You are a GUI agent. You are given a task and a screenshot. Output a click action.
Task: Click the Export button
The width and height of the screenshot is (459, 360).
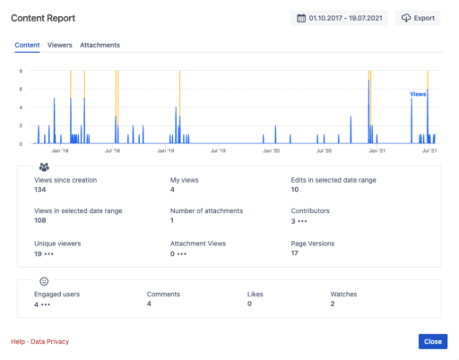point(419,17)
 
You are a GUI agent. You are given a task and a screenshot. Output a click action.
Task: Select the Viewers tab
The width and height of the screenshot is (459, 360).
point(59,45)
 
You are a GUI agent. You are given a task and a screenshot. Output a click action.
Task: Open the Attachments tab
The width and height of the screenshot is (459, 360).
point(100,45)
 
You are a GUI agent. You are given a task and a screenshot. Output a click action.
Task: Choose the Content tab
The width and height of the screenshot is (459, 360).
point(27,45)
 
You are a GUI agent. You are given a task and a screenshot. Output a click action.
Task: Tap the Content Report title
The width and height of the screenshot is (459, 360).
point(43,17)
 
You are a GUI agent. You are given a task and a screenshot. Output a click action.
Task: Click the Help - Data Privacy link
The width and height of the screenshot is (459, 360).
point(39,341)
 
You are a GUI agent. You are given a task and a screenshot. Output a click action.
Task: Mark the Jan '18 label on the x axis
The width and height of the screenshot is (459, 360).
point(61,151)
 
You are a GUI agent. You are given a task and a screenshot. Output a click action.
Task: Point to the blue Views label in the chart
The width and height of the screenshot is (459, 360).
point(418,93)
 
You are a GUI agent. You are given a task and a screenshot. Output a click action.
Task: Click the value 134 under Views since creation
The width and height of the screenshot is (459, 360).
point(40,190)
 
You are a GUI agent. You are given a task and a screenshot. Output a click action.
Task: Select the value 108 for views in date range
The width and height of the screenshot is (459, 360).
point(40,220)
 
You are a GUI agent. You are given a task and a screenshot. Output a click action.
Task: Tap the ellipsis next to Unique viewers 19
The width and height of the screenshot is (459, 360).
point(52,253)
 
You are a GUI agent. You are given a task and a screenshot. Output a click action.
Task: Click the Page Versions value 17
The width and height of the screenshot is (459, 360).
point(295,253)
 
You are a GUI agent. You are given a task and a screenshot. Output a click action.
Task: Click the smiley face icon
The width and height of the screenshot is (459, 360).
point(44,280)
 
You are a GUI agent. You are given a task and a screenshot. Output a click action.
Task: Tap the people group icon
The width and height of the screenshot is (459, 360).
point(44,167)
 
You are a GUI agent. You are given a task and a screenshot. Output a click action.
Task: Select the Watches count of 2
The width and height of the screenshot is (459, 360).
point(333,304)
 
